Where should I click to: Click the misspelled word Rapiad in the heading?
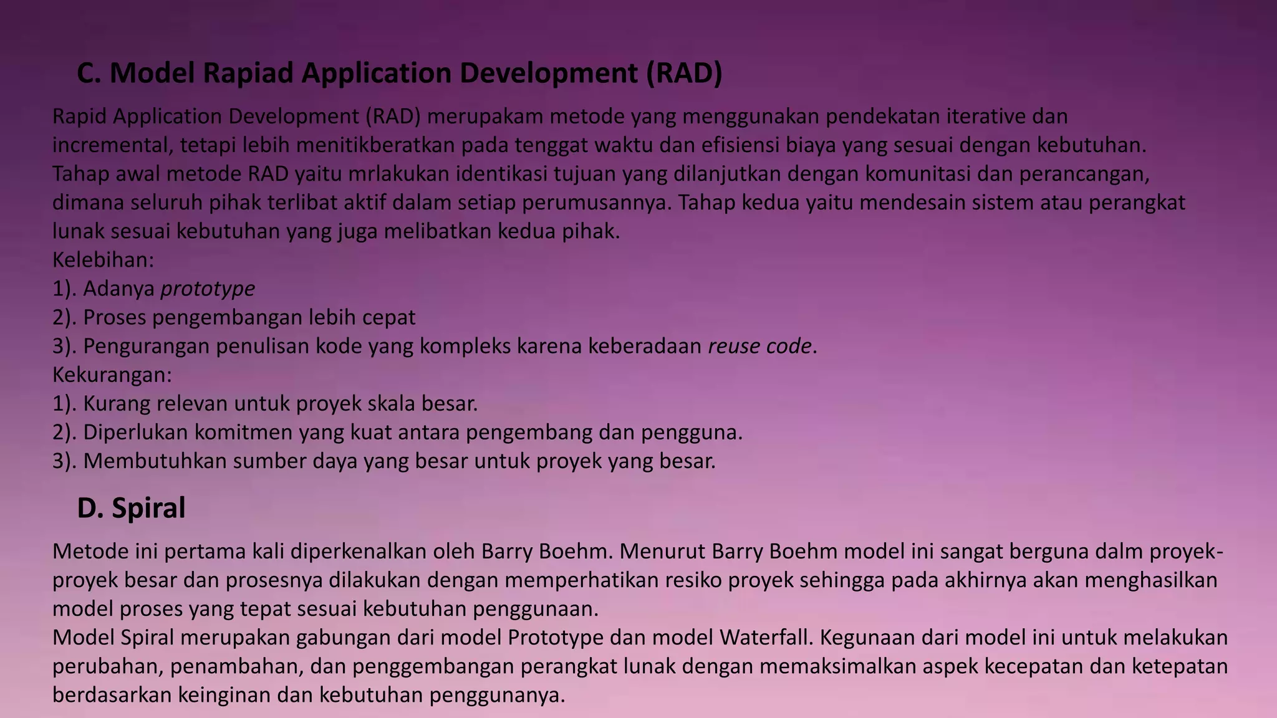click(248, 73)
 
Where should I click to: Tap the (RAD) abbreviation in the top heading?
click(683, 73)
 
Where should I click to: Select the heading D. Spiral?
click(131, 508)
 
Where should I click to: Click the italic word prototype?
click(208, 289)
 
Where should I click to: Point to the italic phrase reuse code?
click(759, 346)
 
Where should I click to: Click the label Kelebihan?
click(103, 260)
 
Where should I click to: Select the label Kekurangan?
click(112, 375)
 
